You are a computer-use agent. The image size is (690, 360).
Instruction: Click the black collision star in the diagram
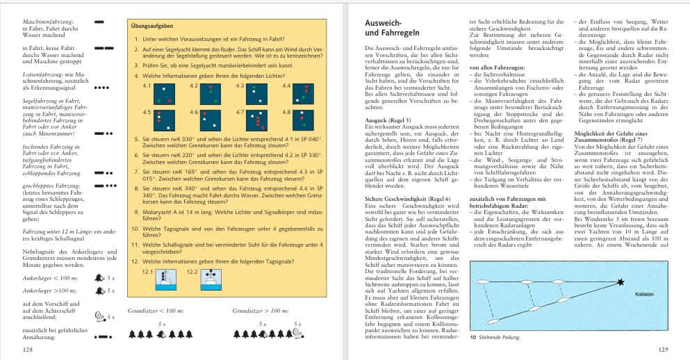621,282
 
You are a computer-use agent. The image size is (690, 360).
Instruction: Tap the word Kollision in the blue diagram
643,294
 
